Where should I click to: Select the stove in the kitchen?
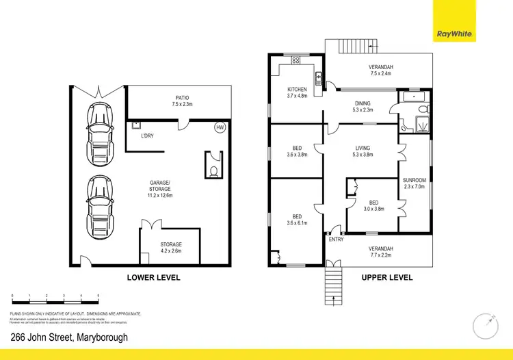pos(296,60)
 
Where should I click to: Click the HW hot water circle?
pos(220,128)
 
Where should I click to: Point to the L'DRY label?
pos(147,136)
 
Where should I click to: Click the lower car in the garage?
pos(99,204)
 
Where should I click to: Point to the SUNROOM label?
pos(415,183)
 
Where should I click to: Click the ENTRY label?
pos(336,240)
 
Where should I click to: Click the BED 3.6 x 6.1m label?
pos(297,219)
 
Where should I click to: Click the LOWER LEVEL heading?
pos(154,278)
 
